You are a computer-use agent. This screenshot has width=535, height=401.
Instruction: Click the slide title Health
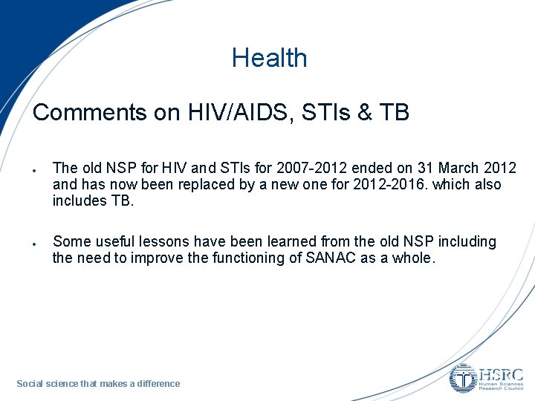coord(269,58)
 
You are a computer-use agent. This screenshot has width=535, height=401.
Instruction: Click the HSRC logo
coord(486,378)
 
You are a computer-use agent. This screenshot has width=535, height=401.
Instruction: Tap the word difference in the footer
coord(158,384)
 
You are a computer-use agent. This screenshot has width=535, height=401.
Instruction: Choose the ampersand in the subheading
coord(360,112)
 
